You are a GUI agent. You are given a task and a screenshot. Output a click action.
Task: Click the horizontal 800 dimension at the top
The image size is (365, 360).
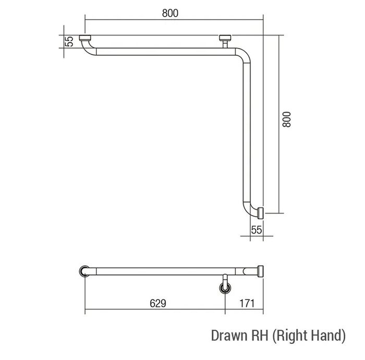pyautogui.click(x=170, y=13)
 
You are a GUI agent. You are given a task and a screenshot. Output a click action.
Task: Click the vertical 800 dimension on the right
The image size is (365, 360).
pyautogui.click(x=287, y=119)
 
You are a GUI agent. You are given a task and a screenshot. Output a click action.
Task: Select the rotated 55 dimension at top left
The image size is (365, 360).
pyautogui.click(x=69, y=41)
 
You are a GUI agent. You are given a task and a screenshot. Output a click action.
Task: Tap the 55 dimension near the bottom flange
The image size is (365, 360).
pyautogui.click(x=257, y=230)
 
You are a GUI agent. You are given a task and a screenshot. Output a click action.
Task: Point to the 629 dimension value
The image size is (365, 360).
pyautogui.click(x=158, y=303)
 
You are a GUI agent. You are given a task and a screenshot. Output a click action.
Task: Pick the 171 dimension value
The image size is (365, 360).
pyautogui.click(x=247, y=303)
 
